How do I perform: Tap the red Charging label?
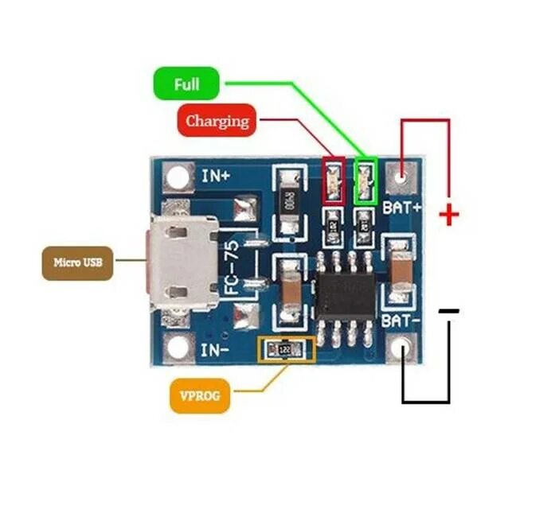coord(217,121)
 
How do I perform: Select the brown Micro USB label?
coord(77,262)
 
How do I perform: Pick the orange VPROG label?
coord(200,394)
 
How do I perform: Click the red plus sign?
coord(450,214)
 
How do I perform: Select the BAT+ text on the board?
coord(402,208)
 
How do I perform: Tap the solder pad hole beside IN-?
coord(178,348)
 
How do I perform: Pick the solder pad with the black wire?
coord(404,348)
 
